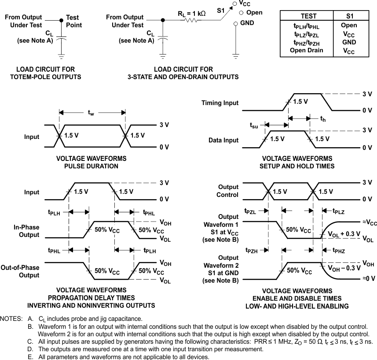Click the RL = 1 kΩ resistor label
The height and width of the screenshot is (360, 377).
point(191,13)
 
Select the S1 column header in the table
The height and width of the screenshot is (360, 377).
point(349,16)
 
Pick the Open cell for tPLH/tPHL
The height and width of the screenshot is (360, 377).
point(349,25)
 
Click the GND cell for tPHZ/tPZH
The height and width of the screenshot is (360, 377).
point(349,42)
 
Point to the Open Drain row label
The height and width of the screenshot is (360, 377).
point(306,50)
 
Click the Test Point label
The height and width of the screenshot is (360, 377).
point(73,21)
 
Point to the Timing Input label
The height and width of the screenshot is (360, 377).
point(220,103)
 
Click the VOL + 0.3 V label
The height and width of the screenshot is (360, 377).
point(344,234)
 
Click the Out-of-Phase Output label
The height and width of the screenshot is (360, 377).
point(20,271)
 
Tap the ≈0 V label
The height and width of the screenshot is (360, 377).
point(369,278)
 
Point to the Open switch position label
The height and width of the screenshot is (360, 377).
point(254,13)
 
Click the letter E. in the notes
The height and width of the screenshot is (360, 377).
point(30,357)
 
